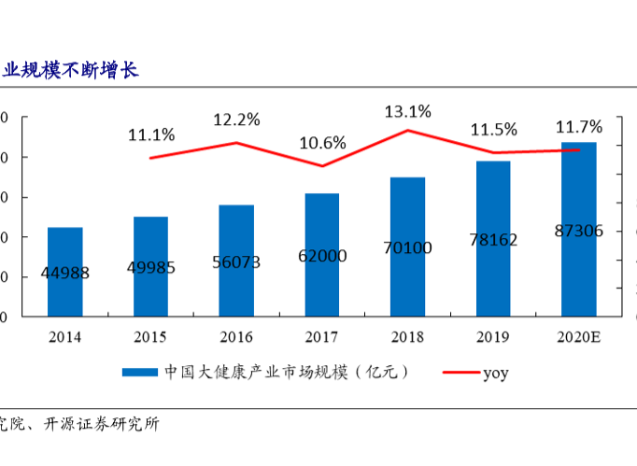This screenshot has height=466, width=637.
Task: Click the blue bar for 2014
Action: pos(65,271)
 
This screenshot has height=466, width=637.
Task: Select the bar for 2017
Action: pos(322,254)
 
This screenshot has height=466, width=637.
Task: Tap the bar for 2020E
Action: pos(579,229)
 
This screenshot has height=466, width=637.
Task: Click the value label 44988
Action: pos(65,273)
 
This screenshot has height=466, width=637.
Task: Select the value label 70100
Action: pos(407,247)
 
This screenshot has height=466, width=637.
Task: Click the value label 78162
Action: pos(493,240)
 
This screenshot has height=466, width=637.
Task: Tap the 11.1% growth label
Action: pos(151,134)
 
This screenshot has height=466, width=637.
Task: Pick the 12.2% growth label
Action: pos(236,120)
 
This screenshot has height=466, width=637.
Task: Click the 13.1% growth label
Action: pos(408,112)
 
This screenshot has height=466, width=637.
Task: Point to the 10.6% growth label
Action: pos(322,143)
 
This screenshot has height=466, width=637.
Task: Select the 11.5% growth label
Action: pos(493,130)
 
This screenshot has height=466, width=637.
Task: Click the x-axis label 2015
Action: pos(151,336)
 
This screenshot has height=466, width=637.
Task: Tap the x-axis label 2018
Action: pos(408,336)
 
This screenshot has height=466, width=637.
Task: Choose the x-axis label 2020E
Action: pos(579,336)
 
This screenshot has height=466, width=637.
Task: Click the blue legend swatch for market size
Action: pos(140,373)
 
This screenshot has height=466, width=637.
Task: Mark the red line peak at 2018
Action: pos(408,130)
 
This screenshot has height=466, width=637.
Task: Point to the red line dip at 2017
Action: pos(322,166)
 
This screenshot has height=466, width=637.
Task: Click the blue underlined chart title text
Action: pos(70,70)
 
